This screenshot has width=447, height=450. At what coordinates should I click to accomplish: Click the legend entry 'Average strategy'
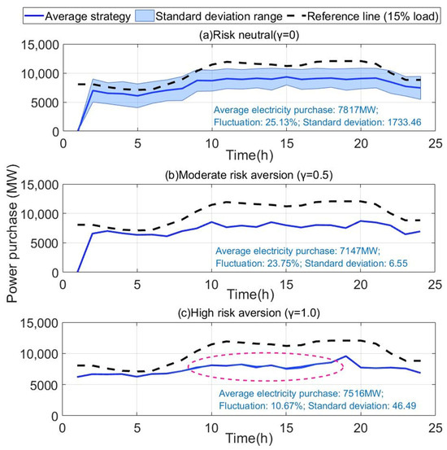(88, 16)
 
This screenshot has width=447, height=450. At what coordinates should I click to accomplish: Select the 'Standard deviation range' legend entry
(219, 16)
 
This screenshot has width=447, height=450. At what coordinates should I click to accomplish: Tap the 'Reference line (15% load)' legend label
(373, 16)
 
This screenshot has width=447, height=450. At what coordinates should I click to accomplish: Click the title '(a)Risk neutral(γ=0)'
(249, 35)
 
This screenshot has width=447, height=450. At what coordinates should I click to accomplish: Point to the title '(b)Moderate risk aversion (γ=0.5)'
(249, 175)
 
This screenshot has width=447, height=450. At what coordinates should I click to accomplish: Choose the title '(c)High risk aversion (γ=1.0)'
(249, 312)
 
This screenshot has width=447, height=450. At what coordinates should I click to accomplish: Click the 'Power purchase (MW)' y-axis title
(12, 233)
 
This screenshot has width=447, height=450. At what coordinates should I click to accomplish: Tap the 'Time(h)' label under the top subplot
(250, 155)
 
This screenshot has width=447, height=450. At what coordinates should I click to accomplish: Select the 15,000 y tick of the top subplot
(40, 45)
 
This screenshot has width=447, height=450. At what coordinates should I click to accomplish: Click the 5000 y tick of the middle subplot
(45, 243)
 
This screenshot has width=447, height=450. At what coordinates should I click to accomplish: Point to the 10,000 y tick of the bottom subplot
(39, 354)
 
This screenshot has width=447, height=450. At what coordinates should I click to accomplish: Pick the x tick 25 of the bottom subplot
(436, 428)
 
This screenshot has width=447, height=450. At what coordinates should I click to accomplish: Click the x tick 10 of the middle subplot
(211, 285)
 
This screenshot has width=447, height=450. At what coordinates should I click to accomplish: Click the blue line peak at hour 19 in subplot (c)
(345, 356)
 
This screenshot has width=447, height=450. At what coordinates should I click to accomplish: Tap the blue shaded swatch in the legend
(145, 16)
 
